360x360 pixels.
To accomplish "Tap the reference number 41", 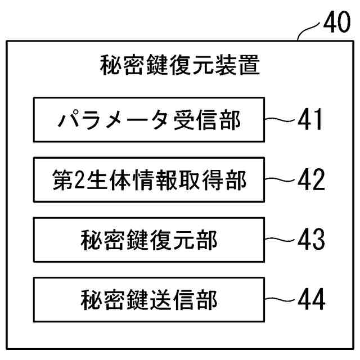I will click(x=310, y=120).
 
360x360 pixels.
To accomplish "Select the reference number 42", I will click(x=310, y=180).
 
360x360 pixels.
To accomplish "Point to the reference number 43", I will click(x=310, y=240).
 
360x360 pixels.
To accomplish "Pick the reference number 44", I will click(x=310, y=299).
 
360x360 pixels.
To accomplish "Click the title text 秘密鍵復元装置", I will click(x=179, y=65).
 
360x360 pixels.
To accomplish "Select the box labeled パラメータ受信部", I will click(x=148, y=120).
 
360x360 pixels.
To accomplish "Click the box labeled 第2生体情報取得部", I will click(x=148, y=180).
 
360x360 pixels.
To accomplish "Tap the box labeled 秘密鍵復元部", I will click(x=148, y=240).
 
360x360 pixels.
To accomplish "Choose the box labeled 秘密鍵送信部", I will click(x=148, y=299).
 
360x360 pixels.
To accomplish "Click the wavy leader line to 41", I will click(x=280, y=120).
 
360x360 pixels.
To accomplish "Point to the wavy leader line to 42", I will click(x=280, y=180).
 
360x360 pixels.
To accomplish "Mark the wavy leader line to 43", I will click(x=280, y=240).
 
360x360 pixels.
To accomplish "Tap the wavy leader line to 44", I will click(x=280, y=299).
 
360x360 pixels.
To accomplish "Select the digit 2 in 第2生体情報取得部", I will click(x=79, y=181).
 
